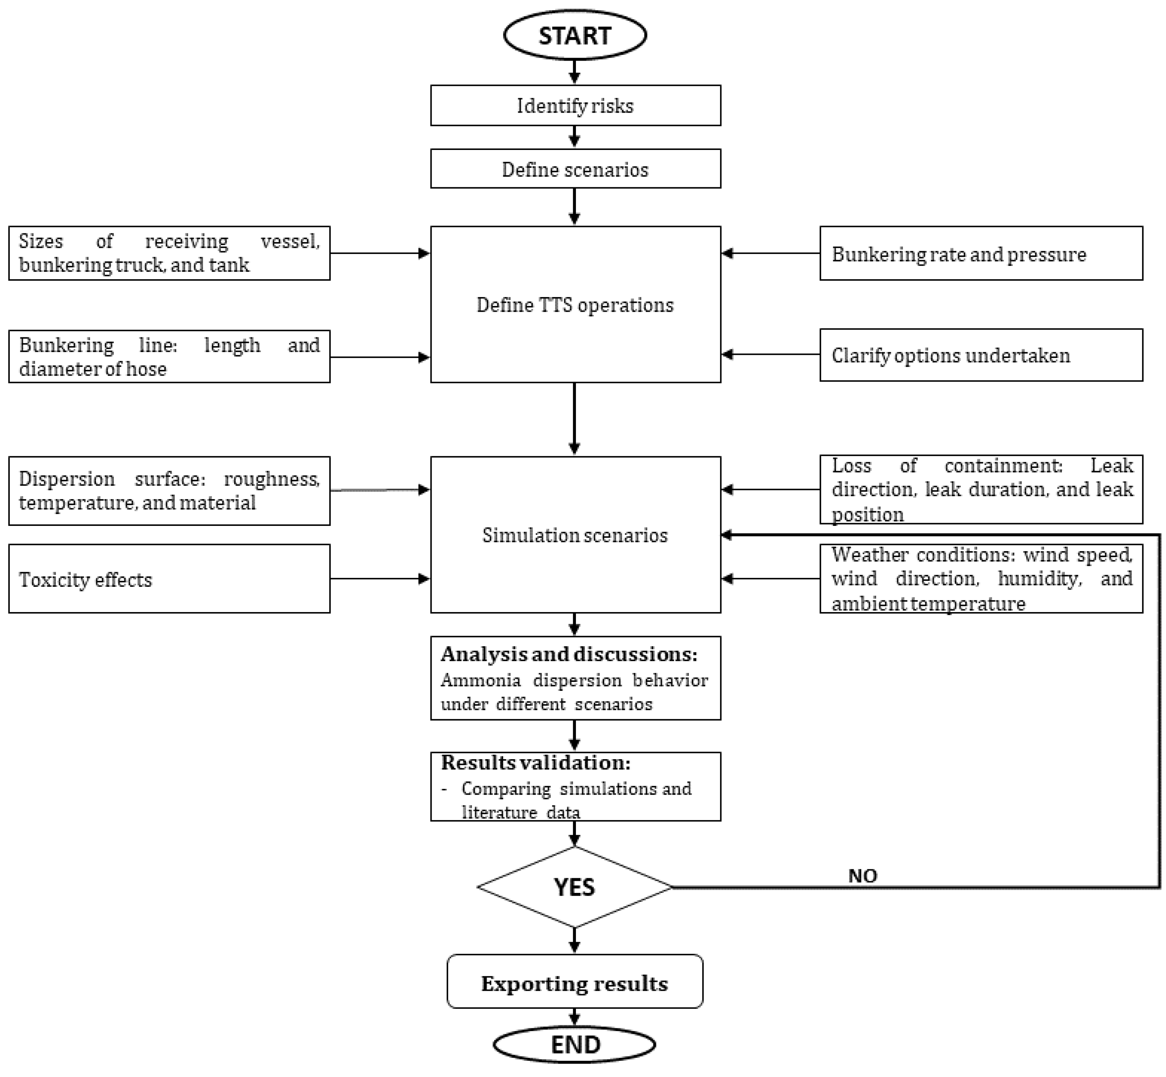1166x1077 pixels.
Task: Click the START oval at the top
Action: click(575, 35)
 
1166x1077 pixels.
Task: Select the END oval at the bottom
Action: click(575, 1044)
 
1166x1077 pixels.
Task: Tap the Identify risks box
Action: click(575, 106)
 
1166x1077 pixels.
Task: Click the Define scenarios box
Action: click(575, 169)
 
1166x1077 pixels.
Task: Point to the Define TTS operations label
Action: click(575, 305)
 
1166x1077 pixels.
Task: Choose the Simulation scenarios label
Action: click(575, 535)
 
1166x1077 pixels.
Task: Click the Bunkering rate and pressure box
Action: click(981, 254)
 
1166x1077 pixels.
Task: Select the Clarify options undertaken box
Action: click(981, 355)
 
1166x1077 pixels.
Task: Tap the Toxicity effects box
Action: click(169, 579)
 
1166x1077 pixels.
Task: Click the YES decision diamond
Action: click(575, 887)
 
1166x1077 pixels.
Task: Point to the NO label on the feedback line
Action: click(862, 876)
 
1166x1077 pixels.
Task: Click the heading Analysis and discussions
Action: click(569, 654)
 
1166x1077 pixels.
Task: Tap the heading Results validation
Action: click(536, 762)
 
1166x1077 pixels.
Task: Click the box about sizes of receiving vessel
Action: click(169, 253)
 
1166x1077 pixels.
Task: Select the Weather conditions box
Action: click(981, 578)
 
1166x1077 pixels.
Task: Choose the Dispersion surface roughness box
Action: click(169, 491)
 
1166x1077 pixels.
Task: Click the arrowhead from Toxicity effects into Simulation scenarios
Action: click(424, 579)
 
